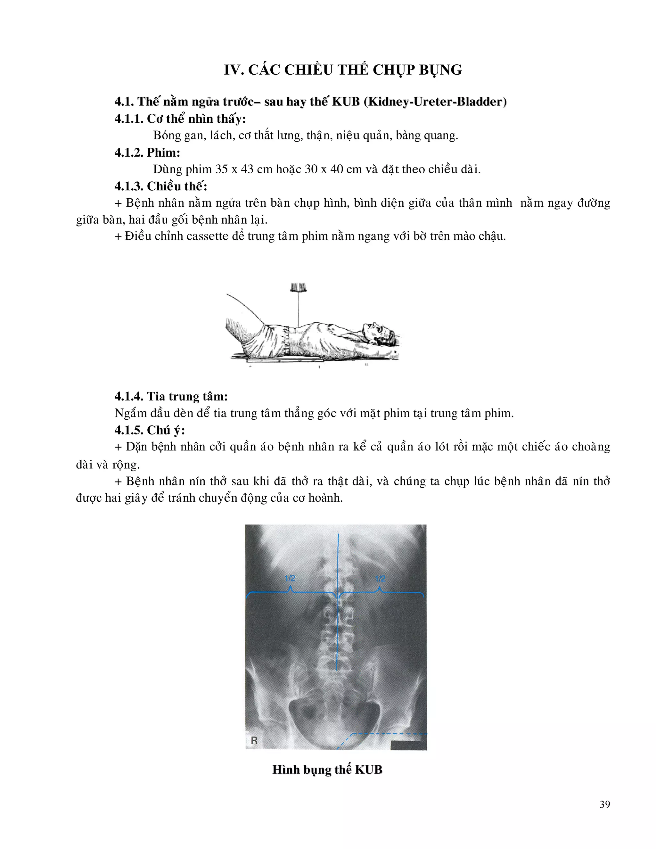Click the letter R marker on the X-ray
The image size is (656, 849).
pyautogui.click(x=254, y=740)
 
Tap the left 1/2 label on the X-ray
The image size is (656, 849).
pyautogui.click(x=290, y=578)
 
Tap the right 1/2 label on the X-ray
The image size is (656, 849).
pyautogui.click(x=380, y=578)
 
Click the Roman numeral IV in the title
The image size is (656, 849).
pyautogui.click(x=233, y=70)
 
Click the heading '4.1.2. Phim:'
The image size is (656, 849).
pyautogui.click(x=147, y=152)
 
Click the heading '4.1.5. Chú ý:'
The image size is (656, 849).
pyautogui.click(x=150, y=430)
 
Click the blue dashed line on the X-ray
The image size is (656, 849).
pyautogui.click(x=389, y=734)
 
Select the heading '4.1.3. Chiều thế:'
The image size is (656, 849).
pyautogui.click(x=161, y=186)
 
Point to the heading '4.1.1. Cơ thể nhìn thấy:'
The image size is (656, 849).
pyautogui.click(x=180, y=119)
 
